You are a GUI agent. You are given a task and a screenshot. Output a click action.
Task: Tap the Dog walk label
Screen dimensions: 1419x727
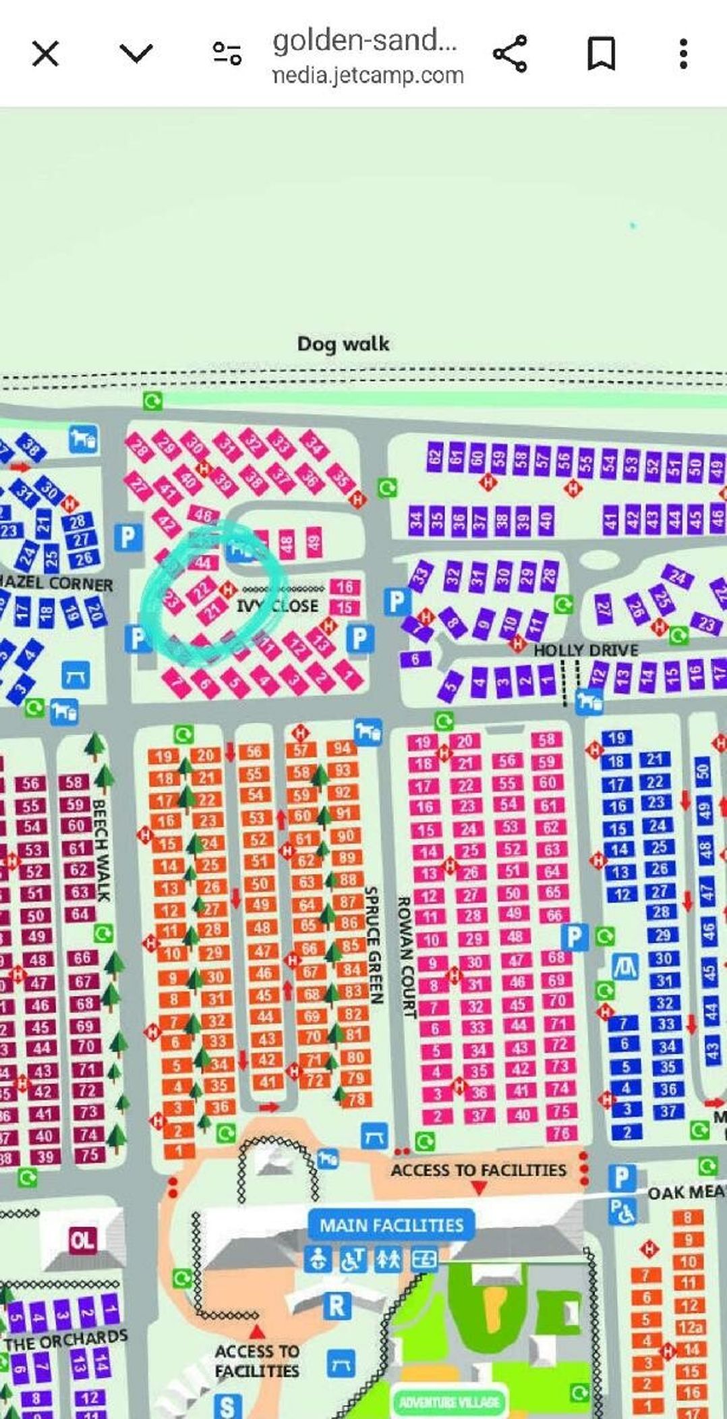343,344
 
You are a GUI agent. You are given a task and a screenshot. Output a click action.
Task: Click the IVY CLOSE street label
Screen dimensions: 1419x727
277,605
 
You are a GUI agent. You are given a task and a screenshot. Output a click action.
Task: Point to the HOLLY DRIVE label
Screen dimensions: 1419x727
585,650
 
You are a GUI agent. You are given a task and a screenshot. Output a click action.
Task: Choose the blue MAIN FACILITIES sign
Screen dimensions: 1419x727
391,1225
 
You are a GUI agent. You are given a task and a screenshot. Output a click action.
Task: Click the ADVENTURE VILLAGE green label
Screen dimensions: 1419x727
449,1403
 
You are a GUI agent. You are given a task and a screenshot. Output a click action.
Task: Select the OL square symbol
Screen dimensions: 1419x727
82,1239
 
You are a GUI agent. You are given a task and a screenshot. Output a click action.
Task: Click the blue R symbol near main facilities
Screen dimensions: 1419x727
337,1306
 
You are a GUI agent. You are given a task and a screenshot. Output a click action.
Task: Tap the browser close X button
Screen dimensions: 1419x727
46,53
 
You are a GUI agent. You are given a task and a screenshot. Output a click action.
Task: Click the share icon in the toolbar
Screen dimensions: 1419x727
511,53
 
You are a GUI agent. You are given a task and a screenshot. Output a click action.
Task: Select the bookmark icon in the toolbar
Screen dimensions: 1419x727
602,53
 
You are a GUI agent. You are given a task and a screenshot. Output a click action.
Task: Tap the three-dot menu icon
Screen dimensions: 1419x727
684,53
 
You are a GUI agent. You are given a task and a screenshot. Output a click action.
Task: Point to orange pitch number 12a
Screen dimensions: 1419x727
689,1327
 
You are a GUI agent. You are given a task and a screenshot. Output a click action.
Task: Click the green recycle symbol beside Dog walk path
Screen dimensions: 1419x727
152,401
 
